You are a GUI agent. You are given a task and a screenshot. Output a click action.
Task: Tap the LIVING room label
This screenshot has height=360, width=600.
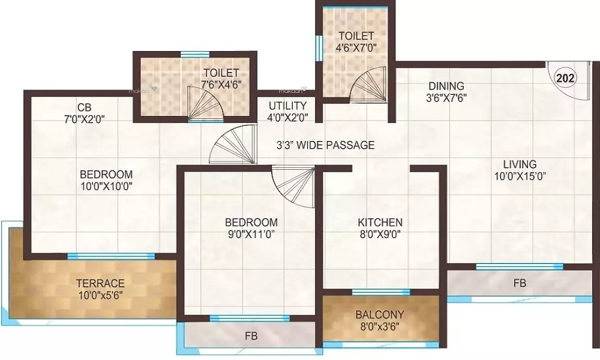[x=520, y=164]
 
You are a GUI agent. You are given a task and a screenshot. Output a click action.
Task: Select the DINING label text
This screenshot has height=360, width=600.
[x=446, y=86]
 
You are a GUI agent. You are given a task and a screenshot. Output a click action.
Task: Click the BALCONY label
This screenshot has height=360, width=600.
[x=380, y=314]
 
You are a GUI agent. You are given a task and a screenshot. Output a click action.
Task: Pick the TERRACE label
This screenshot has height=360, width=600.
[x=100, y=283]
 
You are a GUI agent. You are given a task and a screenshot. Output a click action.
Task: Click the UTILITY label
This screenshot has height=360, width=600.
[x=287, y=106]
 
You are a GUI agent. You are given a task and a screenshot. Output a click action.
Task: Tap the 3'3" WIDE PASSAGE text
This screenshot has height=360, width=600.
[x=325, y=145]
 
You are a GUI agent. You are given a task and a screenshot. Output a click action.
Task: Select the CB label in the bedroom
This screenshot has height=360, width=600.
[x=84, y=107]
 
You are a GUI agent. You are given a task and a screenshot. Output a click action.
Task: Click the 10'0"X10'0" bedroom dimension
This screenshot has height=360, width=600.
[x=106, y=186]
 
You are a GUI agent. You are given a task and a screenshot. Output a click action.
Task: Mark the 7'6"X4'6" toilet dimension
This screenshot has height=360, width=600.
[x=221, y=85]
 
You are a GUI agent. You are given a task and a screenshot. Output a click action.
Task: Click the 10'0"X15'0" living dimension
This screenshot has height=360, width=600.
[x=520, y=176]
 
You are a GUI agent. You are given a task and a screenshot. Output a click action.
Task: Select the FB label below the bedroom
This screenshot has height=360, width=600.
[x=251, y=337]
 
